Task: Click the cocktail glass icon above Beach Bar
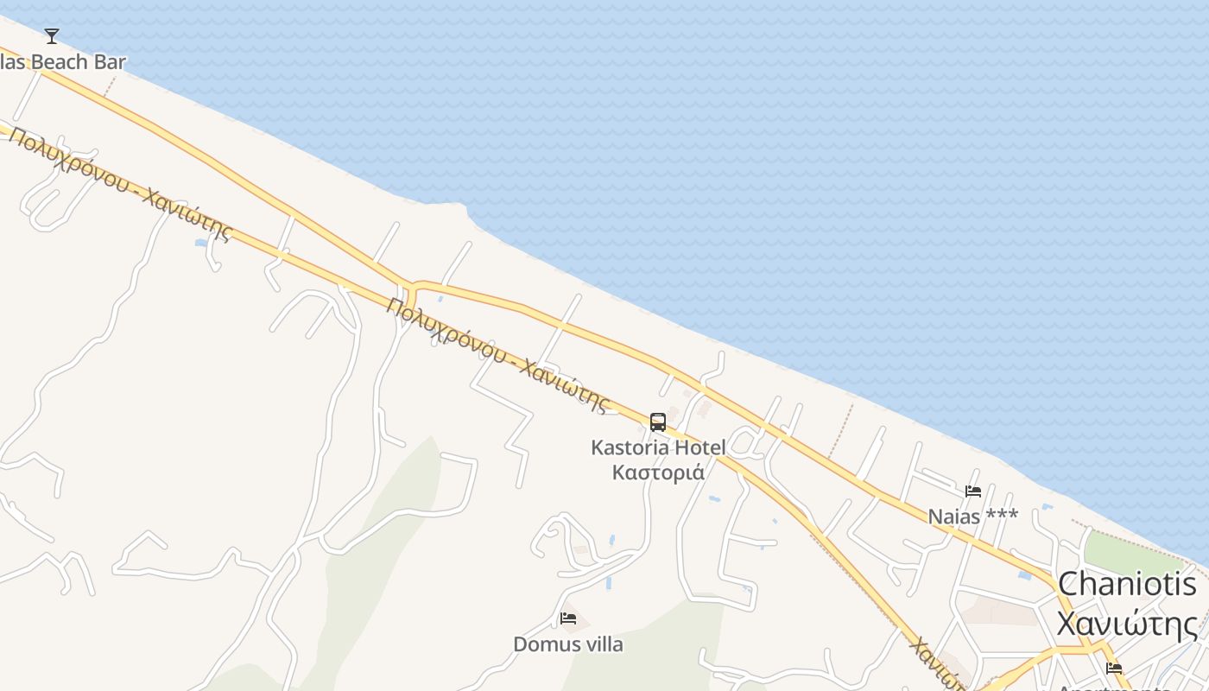52,35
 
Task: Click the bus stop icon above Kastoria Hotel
658,422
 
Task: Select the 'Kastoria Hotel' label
658,447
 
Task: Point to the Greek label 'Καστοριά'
658,472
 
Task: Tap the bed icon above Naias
973,491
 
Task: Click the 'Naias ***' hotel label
973,517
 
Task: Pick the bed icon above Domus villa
568,618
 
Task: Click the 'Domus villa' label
568,644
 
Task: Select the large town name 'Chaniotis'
1128,585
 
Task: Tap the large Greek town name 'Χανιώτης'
1128,624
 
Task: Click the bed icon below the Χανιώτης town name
1114,669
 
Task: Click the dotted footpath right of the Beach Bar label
110,85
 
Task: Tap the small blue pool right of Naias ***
1048,506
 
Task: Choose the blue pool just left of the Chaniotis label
1024,574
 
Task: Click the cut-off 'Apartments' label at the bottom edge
1114,687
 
